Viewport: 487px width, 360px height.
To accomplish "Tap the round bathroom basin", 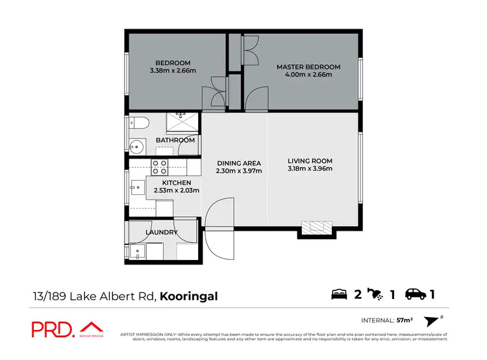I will coord(137,145).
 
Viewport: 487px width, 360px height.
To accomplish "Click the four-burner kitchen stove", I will coord(160,167).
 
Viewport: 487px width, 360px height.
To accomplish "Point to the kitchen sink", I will coord(136,188).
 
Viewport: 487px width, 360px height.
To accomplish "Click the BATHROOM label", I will coord(175,140).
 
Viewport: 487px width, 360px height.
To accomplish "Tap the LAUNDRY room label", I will coord(162,232).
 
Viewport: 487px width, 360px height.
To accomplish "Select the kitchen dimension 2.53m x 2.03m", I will coord(176,191).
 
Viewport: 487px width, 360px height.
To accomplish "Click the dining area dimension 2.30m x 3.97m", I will coord(239,172).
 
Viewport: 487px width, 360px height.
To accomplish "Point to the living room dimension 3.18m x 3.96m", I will coord(310,169).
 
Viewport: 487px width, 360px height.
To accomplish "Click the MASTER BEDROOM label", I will coord(308,67).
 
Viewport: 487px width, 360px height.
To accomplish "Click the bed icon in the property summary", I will coord(340,294).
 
